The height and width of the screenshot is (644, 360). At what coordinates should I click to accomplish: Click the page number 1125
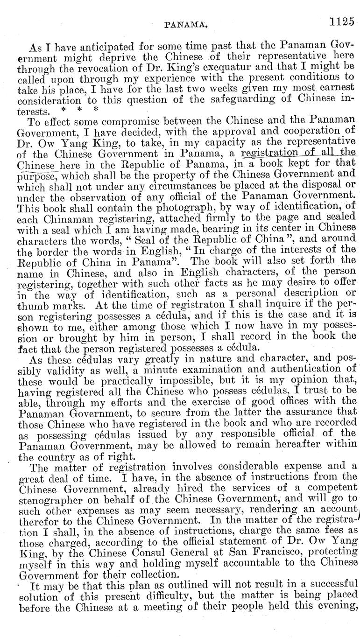pos(342,21)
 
